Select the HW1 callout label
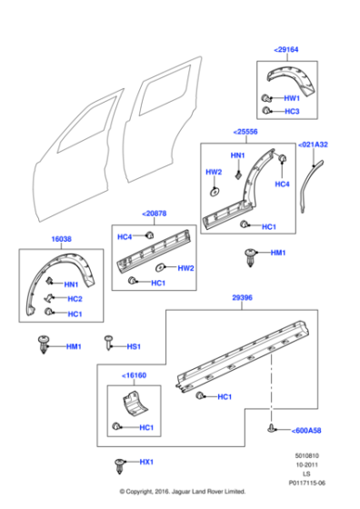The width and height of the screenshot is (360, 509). pyautogui.click(x=292, y=97)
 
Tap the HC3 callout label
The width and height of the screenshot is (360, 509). pyautogui.click(x=292, y=110)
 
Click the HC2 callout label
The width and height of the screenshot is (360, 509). pyautogui.click(x=74, y=299)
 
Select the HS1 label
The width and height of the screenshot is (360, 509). pyautogui.click(x=133, y=346)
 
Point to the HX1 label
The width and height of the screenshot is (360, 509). pyautogui.click(x=145, y=463)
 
